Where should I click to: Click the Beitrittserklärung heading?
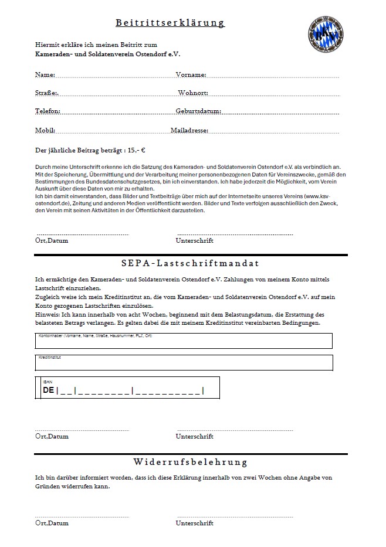pyautogui.click(x=170, y=23)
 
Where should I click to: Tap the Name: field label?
pyautogui.click(x=45, y=75)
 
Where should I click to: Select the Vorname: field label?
pyautogui.click(x=191, y=75)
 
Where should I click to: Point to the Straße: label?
pyautogui.click(x=47, y=93)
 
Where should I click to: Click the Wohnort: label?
pyautogui.click(x=193, y=93)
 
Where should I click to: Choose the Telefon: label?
pyautogui.click(x=48, y=111)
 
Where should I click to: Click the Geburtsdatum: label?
pyautogui.click(x=198, y=111)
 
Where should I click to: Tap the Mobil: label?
pyautogui.click(x=45, y=130)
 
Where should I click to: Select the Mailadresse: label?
pyautogui.click(x=189, y=130)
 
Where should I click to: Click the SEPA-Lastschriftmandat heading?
pyautogui.click(x=190, y=264)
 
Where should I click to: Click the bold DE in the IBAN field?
pyautogui.click(x=48, y=390)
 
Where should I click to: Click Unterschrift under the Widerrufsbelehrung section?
pyautogui.click(x=195, y=523)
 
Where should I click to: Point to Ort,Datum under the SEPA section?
pyautogui.click(x=52, y=437)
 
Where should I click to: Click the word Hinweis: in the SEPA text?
pyautogui.click(x=48, y=315)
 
